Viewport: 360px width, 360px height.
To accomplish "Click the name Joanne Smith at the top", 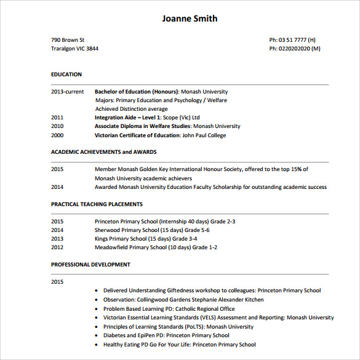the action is point(190,18).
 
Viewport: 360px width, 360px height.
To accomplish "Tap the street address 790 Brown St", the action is point(68,40).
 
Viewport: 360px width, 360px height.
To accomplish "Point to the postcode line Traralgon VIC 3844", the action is point(74,49).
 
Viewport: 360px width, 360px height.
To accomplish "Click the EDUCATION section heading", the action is point(66,74).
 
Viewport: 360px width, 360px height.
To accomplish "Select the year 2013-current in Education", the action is point(67,92).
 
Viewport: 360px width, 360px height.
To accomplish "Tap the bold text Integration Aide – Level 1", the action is point(127,118).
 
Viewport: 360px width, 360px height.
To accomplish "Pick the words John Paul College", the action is point(204,135).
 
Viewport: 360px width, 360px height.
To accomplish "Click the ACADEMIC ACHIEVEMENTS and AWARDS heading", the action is point(103,152).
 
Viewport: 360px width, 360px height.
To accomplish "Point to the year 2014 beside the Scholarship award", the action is point(57,187).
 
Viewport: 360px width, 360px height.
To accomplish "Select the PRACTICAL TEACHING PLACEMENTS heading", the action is point(97,204).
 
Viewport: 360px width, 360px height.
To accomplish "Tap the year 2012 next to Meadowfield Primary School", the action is point(57,247).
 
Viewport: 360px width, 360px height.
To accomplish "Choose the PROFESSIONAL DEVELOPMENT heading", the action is point(90,265).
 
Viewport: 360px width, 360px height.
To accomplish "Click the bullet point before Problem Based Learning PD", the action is point(97,309).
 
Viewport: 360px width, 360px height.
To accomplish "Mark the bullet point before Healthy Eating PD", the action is point(97,345).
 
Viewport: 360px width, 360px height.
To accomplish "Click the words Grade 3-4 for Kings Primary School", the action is point(185,239).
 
